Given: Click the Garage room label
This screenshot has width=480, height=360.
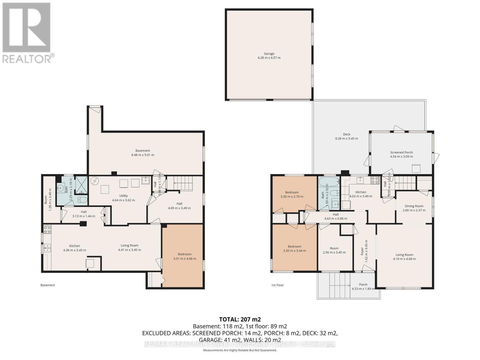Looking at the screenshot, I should [x=269, y=54].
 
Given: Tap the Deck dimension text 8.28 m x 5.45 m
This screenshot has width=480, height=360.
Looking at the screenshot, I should [x=346, y=139].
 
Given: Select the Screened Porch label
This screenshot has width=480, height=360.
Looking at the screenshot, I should [x=401, y=152].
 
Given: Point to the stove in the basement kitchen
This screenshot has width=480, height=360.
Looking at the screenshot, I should [x=47, y=229].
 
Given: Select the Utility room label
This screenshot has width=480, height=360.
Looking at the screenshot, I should [x=123, y=196].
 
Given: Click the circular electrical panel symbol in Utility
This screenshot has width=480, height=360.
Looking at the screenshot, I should [x=95, y=181].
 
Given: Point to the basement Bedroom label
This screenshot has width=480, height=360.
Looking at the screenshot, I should [x=184, y=254].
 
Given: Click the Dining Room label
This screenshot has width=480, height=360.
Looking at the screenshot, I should [x=414, y=206].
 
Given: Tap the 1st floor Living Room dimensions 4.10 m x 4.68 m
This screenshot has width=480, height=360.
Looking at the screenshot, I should [x=404, y=259].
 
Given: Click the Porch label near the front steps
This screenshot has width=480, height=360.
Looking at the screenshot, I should [x=363, y=284].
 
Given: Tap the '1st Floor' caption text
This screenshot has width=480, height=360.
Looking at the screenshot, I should [x=277, y=285].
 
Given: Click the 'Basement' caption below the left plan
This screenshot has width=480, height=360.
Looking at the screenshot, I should [x=48, y=285].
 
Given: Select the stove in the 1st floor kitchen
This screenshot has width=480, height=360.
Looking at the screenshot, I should [x=375, y=180].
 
